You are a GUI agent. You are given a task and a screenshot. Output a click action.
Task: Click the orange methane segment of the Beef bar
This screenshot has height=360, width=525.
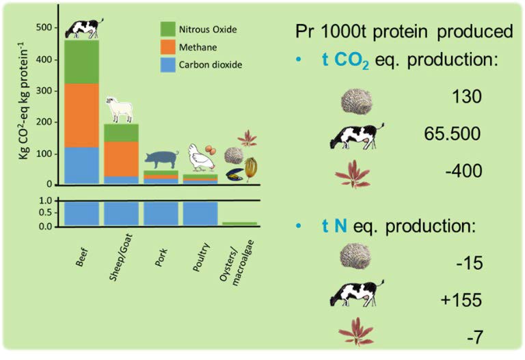[x=82, y=115]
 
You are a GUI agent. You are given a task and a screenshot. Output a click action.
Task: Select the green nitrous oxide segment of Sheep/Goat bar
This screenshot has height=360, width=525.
[x=121, y=133]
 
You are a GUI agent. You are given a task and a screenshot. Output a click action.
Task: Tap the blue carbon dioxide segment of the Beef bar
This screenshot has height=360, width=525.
[x=82, y=165]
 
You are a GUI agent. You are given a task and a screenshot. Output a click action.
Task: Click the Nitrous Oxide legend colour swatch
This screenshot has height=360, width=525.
[x=167, y=29]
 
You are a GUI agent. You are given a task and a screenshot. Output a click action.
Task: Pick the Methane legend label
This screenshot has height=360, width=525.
[x=198, y=47]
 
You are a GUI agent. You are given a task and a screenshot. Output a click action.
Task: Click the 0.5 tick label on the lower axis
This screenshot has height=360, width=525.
[x=46, y=212]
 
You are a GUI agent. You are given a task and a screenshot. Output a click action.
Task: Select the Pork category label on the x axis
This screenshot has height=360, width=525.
[x=161, y=258]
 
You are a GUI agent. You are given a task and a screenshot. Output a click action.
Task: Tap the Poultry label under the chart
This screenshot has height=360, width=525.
[x=201, y=257]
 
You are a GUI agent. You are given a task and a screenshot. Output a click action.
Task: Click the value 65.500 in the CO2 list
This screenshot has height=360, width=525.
[x=452, y=133]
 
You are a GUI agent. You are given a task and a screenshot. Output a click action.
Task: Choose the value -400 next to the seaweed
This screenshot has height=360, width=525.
[x=463, y=171]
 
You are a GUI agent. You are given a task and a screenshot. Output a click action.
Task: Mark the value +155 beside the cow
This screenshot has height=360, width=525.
[x=461, y=299]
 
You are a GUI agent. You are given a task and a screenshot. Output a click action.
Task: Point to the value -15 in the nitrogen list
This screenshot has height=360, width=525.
[x=470, y=263]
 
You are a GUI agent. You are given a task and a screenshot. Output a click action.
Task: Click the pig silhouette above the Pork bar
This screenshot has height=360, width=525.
[x=161, y=160]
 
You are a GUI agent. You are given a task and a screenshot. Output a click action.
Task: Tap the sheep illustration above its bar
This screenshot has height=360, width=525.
[x=120, y=109]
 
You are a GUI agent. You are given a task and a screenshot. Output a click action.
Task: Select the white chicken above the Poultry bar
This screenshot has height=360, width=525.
[x=201, y=158]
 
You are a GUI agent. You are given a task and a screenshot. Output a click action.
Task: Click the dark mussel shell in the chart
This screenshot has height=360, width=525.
[x=234, y=175]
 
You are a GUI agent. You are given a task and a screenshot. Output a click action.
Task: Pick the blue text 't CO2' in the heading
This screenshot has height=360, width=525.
[x=345, y=61]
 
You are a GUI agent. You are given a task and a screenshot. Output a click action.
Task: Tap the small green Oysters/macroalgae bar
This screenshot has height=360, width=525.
[x=240, y=223]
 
